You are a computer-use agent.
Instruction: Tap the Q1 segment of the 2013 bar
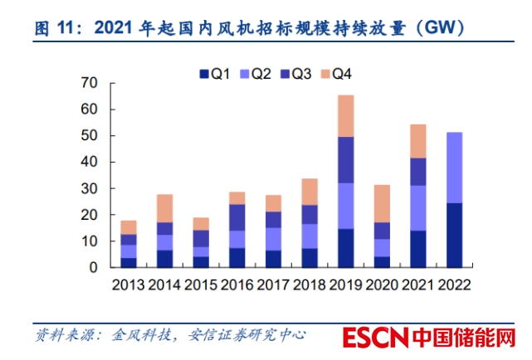pos(129,262)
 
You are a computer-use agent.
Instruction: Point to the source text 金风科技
pos(131,336)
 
